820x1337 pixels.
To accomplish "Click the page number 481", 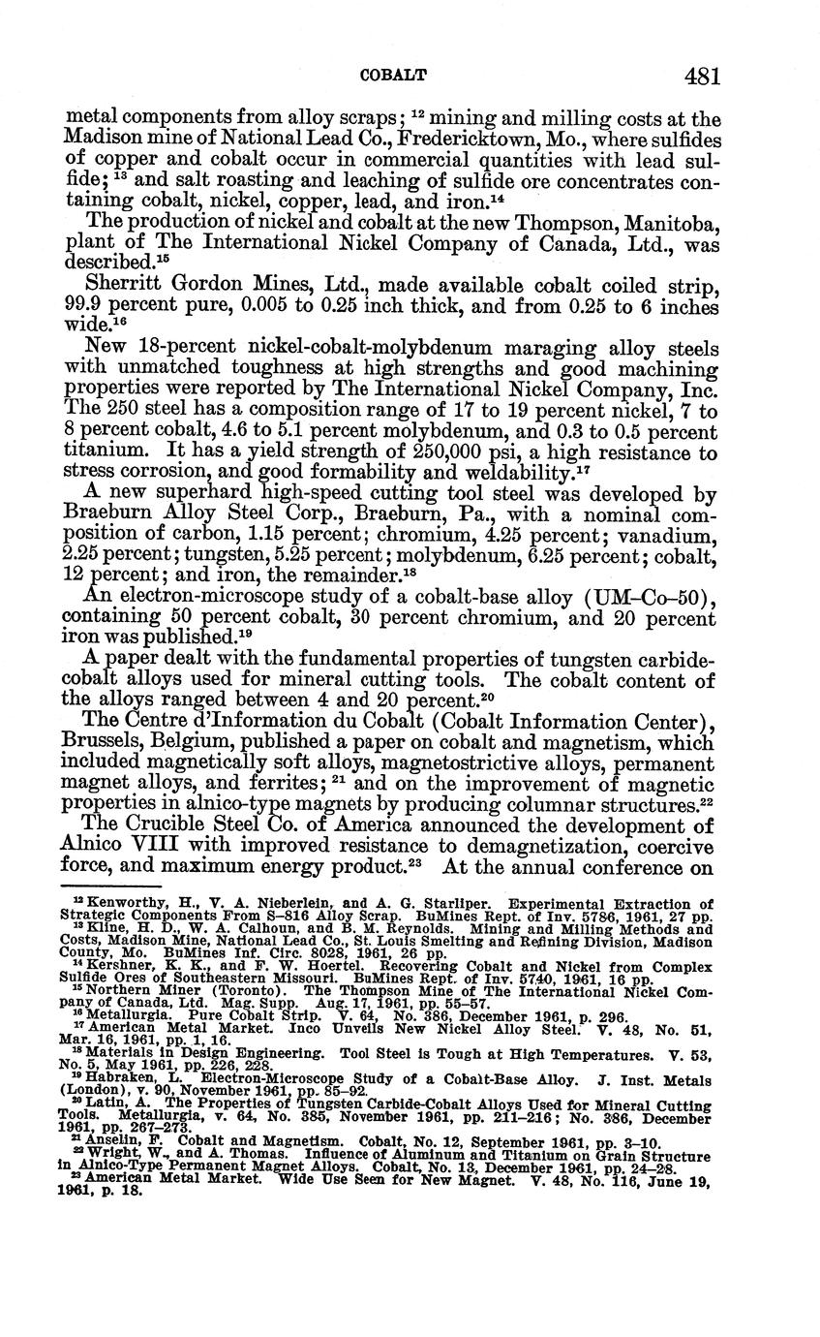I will (702, 75).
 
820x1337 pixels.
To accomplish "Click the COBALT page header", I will (393, 75).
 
